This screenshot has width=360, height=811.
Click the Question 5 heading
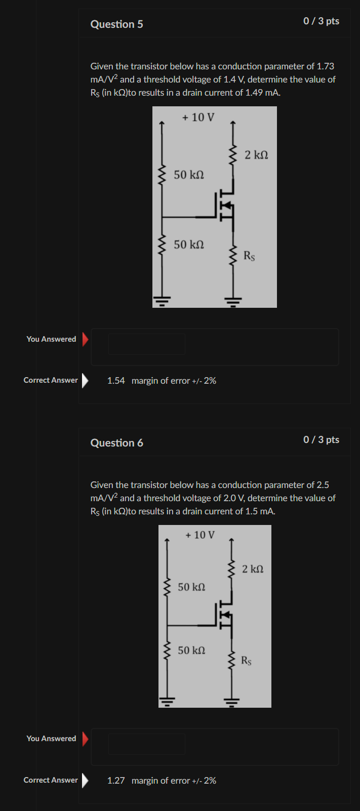coord(116,24)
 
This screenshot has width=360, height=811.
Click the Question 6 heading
coord(116,443)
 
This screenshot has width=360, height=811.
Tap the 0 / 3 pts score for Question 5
coord(321,21)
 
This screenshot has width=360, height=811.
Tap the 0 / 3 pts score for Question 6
coord(321,440)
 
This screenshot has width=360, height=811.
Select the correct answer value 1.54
coord(116,381)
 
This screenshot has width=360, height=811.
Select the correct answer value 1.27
coord(116,781)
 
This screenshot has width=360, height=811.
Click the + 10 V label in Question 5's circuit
coord(198,117)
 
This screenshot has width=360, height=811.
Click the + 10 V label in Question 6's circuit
coord(200,535)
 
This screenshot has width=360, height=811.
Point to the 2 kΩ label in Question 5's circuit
coord(256,155)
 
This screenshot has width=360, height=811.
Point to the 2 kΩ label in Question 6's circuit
coord(253,569)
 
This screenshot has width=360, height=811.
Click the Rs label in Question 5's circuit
coord(249,256)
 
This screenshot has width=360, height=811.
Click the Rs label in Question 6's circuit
coord(246,661)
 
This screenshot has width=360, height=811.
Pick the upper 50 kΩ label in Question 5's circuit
coord(189,175)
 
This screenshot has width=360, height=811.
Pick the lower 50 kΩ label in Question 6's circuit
coord(191,650)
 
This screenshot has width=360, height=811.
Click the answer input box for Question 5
coord(147,344)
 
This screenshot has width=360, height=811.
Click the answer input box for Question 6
coord(147,744)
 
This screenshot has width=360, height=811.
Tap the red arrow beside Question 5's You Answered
coord(85,339)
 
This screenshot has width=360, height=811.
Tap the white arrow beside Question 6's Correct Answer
coord(85,780)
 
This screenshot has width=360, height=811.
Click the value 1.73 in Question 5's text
coord(325,66)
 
